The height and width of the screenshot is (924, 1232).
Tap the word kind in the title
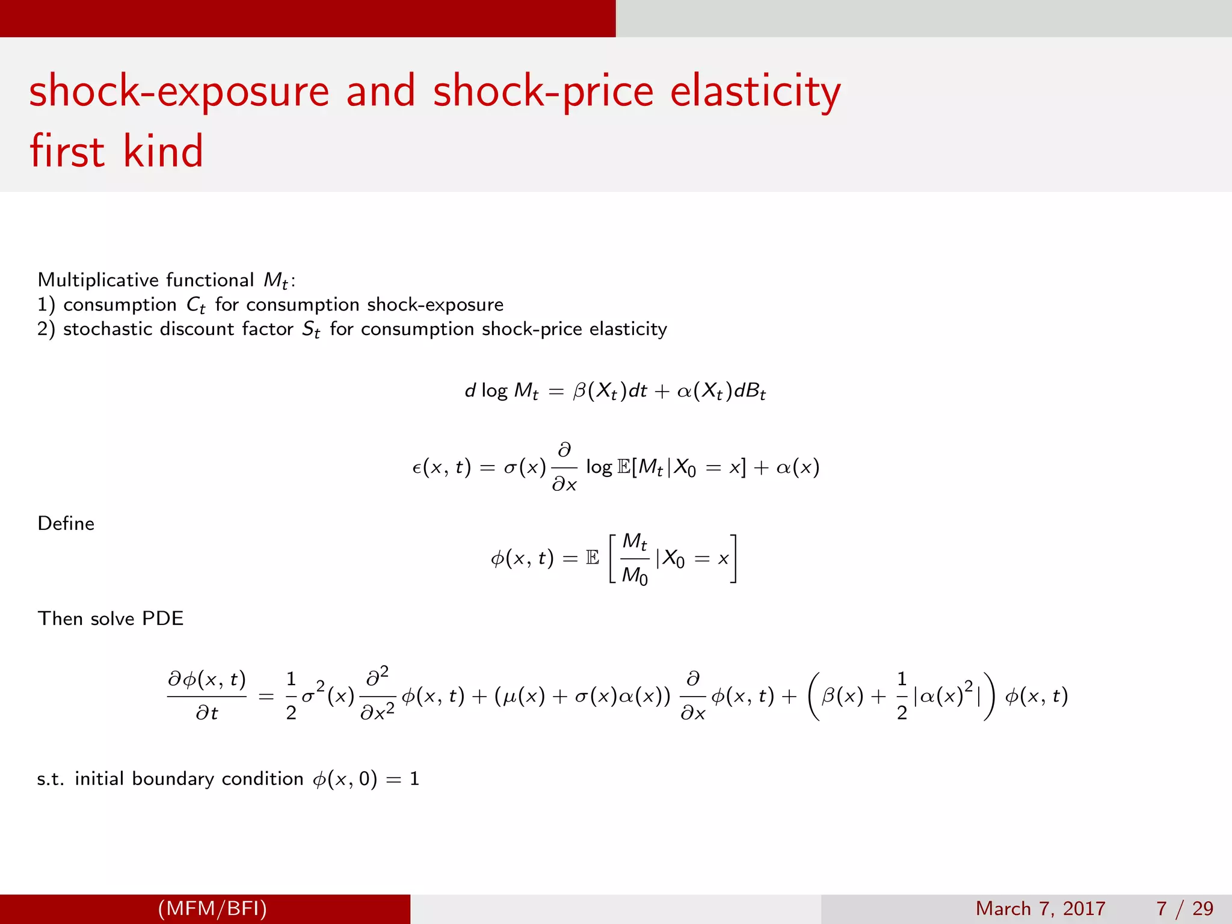[x=163, y=151]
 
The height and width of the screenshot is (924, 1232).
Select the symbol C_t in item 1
[x=196, y=306]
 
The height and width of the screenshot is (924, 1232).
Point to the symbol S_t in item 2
[x=311, y=330]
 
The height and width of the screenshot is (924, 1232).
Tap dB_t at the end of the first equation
[x=750, y=392]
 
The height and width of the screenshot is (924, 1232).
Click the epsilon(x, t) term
[x=441, y=467]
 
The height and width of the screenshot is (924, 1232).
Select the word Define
[x=66, y=523]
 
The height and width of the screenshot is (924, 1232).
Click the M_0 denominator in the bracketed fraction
[x=635, y=576]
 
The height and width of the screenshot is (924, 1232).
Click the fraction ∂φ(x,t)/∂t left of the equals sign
[x=207, y=696]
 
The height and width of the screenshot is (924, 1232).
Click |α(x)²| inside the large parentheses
[x=947, y=697]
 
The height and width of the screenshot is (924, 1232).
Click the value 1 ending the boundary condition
[x=414, y=779]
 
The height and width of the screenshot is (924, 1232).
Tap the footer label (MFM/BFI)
[x=212, y=908]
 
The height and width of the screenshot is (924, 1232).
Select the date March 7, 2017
[x=1040, y=908]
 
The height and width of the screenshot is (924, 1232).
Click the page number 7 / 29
[x=1184, y=908]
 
